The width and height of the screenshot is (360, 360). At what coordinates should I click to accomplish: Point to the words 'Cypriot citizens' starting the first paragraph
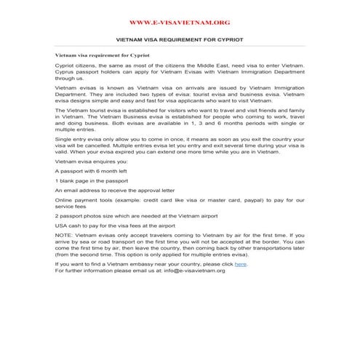76,65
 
